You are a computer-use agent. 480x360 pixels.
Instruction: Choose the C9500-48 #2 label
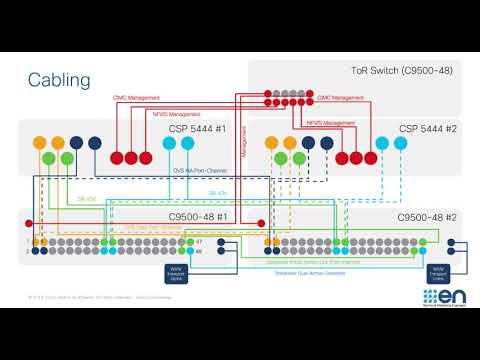[x=425, y=217]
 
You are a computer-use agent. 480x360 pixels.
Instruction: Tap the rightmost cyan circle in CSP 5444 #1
[x=188, y=144]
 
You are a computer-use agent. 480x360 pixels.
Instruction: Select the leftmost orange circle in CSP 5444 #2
[x=270, y=144]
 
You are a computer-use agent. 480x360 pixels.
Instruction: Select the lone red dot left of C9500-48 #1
[x=30, y=222]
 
